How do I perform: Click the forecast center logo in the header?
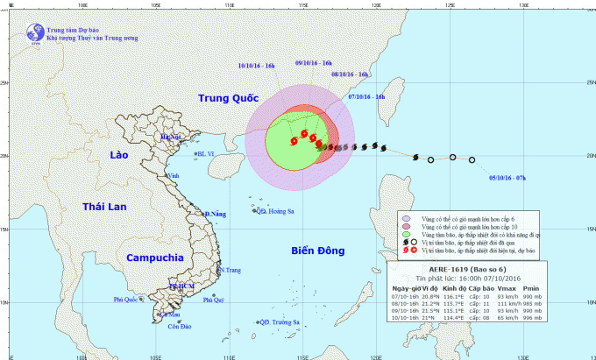click(x=34, y=33)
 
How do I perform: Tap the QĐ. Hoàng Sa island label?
click(x=273, y=211)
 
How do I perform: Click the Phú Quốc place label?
click(x=128, y=300)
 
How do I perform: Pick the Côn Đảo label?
click(x=181, y=328)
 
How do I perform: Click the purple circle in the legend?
click(x=405, y=217)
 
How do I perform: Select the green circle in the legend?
click(x=405, y=235)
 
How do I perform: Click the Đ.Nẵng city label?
click(x=215, y=214)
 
